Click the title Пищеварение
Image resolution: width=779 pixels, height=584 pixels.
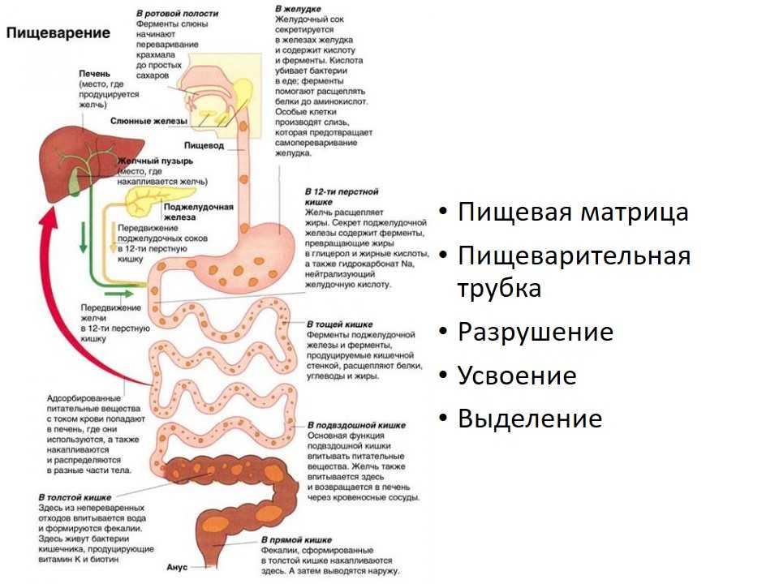[58, 33]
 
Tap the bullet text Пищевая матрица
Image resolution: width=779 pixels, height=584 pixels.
[573, 212]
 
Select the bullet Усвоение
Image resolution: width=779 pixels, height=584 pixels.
[517, 375]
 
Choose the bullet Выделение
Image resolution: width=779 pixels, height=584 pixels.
[530, 419]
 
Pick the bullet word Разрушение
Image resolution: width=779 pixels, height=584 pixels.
[536, 332]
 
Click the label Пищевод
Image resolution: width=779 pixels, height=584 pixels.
[204, 145]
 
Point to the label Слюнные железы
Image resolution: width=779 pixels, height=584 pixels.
[148, 121]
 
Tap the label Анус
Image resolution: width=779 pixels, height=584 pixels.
[177, 567]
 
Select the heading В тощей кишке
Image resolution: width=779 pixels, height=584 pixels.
[340, 324]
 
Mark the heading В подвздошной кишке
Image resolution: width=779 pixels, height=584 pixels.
[356, 425]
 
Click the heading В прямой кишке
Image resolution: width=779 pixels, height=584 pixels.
[297, 540]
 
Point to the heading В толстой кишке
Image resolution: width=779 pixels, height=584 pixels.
[75, 497]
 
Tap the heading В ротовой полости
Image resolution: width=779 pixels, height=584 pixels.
[178, 14]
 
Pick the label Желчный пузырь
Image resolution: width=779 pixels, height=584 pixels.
[155, 161]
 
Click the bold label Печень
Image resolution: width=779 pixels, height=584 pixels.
[94, 74]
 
